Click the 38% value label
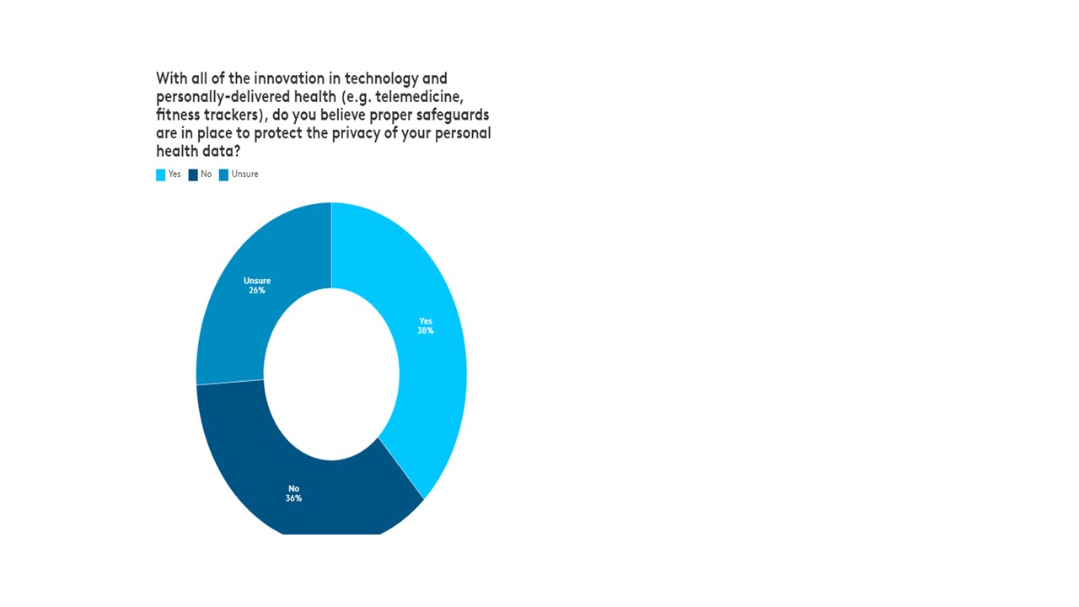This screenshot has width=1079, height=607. coord(426,330)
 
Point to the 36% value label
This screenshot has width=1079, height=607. coord(293,498)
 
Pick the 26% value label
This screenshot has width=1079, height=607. coord(257,290)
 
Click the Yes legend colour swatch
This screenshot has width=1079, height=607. coord(160,175)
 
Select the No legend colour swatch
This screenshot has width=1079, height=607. coord(193,175)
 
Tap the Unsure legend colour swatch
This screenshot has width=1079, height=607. coord(223,175)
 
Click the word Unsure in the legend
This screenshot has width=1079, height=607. coord(244,174)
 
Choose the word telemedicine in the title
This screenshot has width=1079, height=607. coord(419,96)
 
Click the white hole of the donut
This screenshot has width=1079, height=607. coord(331,374)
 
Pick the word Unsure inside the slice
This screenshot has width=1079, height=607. coord(257,281)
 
